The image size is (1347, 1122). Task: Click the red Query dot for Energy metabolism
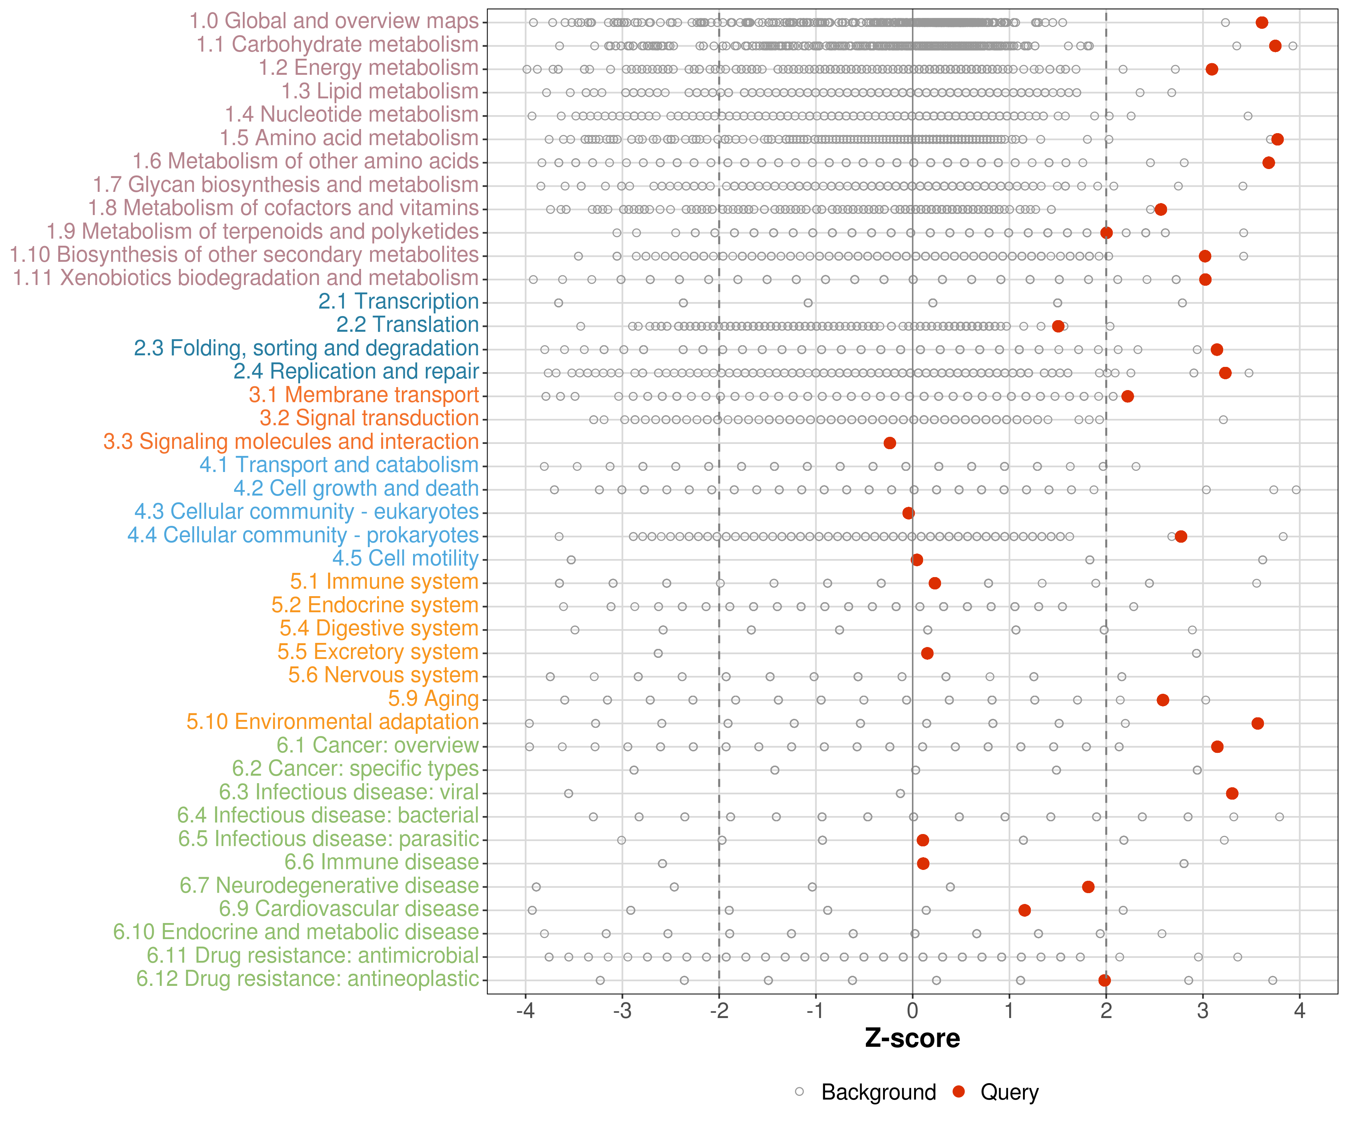(x=1212, y=69)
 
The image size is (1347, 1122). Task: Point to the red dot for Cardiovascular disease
(x=1024, y=910)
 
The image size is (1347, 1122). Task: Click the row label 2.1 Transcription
(x=398, y=301)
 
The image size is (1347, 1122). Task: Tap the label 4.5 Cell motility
(x=405, y=558)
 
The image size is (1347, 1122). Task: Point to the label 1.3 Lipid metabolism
(x=380, y=91)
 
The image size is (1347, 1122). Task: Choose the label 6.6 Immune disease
(x=382, y=862)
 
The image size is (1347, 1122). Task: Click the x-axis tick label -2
(x=718, y=1011)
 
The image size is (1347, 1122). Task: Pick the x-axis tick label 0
(x=913, y=1011)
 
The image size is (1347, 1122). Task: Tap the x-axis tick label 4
(x=1299, y=1011)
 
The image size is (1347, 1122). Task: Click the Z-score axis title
(x=912, y=1038)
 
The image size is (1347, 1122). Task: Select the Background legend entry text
(x=879, y=1092)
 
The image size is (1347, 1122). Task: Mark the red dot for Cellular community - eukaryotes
(x=908, y=513)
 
